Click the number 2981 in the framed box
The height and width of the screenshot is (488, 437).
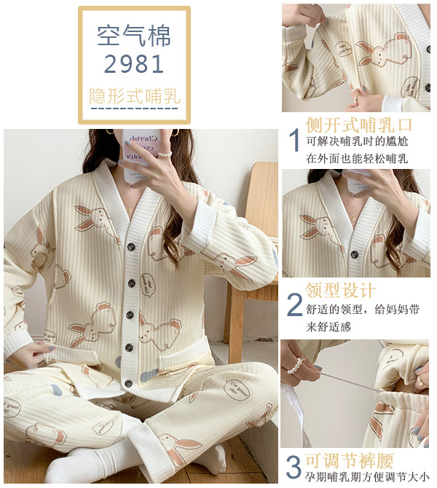134,64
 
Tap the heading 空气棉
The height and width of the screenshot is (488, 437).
134,36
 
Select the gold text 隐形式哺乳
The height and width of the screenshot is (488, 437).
135,96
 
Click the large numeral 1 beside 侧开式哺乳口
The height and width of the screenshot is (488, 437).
294,140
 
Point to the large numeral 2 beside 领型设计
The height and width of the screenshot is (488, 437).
294,304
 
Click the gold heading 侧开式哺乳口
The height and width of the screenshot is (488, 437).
359,125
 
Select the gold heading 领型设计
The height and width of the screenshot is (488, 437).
341,290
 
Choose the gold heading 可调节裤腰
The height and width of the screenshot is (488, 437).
350,460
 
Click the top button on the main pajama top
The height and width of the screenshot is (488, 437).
130,247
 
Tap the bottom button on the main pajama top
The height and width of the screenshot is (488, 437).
128,383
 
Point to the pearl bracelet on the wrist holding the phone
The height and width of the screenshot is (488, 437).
165,154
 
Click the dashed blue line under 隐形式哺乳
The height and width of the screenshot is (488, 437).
135,109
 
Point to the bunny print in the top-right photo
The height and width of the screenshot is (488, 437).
382,50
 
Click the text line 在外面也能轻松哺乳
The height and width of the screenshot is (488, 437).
357,159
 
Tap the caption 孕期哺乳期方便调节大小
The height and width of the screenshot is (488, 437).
367,477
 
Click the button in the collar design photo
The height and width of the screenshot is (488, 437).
355,254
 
